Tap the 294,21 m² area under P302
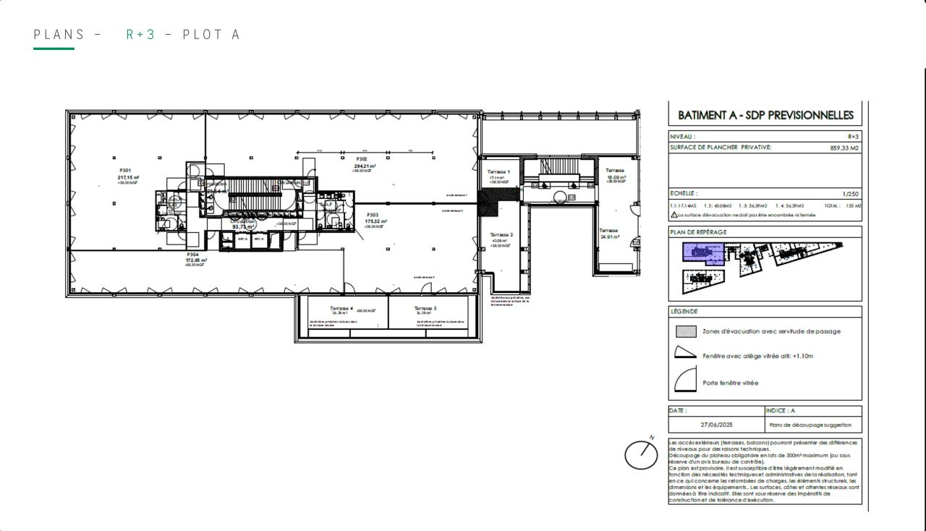coord(365,166)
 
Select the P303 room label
coord(373,215)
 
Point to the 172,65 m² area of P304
coord(196,260)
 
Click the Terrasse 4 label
coord(341,308)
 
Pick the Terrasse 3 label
coord(425,308)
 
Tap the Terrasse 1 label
coord(498,171)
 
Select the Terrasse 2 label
coord(501,234)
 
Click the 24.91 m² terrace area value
coord(610,237)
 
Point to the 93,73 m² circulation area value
coord(243,226)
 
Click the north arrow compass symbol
coord(642,454)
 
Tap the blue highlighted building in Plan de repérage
coord(702,253)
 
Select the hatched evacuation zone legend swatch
coord(686,331)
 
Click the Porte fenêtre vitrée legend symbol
coord(685,379)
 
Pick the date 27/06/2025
coord(716,425)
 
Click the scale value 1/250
coord(851,194)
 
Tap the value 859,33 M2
coord(844,148)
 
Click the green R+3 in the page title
coord(140,34)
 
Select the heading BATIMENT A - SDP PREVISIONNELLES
coord(765,115)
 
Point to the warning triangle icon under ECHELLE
coord(674,215)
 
